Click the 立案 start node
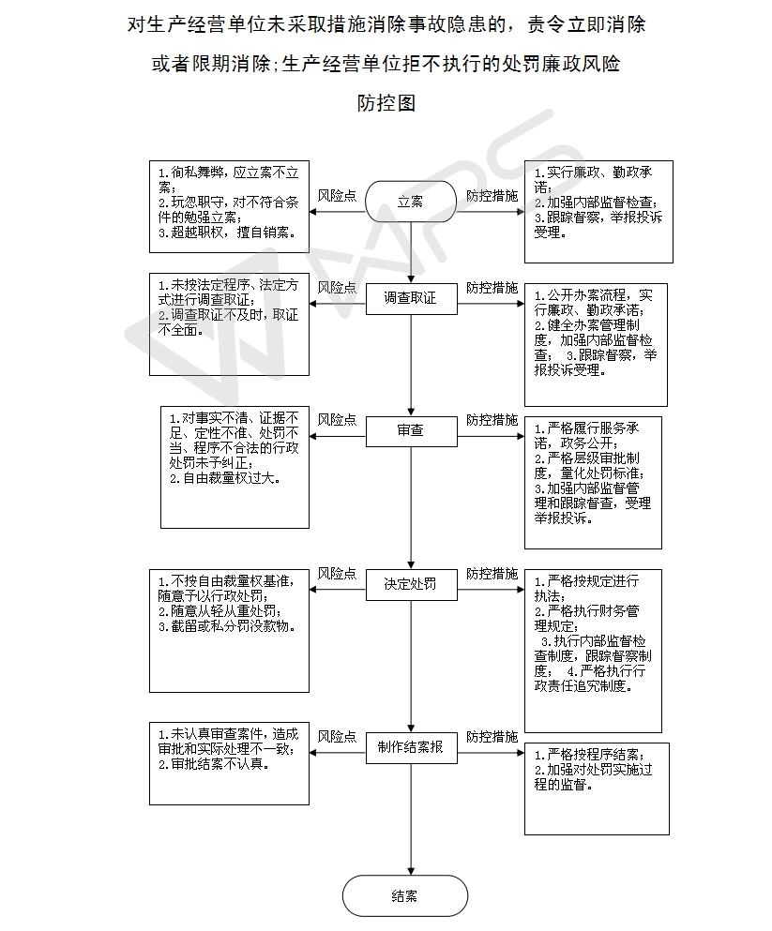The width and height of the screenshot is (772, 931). click(x=410, y=202)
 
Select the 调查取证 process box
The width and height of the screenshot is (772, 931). click(x=411, y=298)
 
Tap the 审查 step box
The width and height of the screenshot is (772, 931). click(x=411, y=431)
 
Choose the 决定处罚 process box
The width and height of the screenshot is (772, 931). click(x=411, y=584)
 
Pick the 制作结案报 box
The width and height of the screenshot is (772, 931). click(x=411, y=747)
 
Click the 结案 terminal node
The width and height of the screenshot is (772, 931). click(x=405, y=896)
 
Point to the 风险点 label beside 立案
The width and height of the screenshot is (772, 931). click(x=337, y=195)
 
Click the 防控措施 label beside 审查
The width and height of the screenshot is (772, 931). click(x=492, y=420)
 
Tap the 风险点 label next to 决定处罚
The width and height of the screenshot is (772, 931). click(x=337, y=574)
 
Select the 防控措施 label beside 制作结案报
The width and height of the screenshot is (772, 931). click(x=492, y=737)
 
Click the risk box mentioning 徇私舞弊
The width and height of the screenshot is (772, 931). click(x=229, y=206)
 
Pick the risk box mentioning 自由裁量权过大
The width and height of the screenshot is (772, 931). click(x=235, y=467)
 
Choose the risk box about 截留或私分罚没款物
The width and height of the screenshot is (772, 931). click(x=229, y=631)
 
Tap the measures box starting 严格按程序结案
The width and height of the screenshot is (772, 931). click(x=597, y=789)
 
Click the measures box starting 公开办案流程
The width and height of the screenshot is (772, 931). click(x=596, y=345)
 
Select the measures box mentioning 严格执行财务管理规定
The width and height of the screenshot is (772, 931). click(x=593, y=652)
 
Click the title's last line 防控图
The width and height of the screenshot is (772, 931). click(x=386, y=103)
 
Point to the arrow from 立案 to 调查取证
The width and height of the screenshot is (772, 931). click(x=411, y=253)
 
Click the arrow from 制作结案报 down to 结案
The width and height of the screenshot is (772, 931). click(x=411, y=819)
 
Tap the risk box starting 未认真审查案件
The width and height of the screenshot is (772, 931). click(x=229, y=763)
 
